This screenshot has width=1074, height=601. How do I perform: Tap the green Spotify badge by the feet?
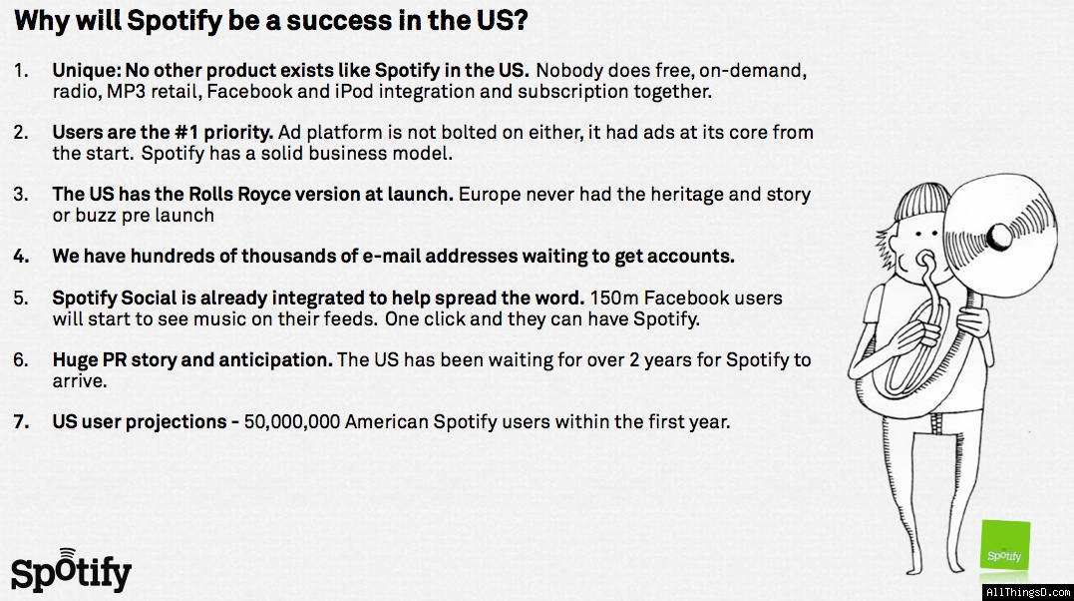[1005, 545]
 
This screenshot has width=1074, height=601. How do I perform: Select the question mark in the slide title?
[520, 20]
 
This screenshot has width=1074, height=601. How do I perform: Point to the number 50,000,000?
[292, 421]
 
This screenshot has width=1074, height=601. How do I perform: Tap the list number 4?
[21, 256]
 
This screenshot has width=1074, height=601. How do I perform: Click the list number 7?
[21, 421]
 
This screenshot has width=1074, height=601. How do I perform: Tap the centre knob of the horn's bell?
[1000, 236]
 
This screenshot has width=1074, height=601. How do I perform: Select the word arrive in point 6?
[78, 381]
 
